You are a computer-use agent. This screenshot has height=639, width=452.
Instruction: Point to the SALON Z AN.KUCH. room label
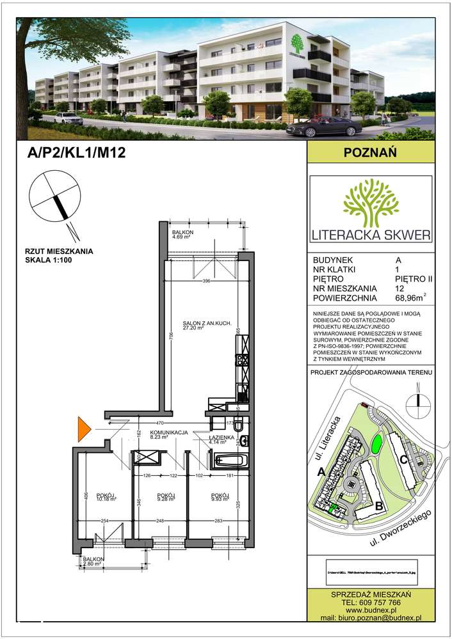pyautogui.click(x=198, y=325)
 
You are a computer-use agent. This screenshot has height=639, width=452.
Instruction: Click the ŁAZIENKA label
pyautogui.click(x=220, y=438)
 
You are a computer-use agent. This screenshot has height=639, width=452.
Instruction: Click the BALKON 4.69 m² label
pyautogui.click(x=183, y=234)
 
